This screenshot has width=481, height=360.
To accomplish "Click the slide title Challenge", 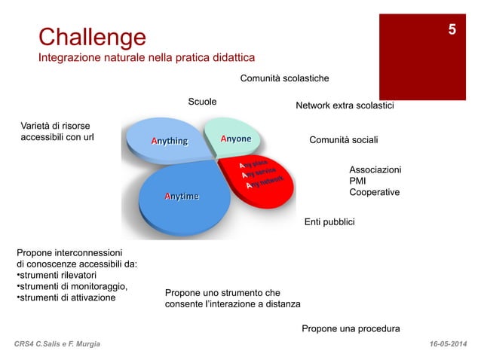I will [92, 36].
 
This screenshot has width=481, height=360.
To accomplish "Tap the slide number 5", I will [451, 30].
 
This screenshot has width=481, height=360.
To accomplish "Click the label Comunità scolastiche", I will [284, 78].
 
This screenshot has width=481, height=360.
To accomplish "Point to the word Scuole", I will [202, 102].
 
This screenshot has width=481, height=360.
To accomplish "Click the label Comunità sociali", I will [344, 140].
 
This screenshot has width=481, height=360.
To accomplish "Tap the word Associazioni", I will [375, 170].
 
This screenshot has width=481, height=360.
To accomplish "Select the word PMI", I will [358, 182].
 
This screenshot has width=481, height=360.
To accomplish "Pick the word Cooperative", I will [374, 193].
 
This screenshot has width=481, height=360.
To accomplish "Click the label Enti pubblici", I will [329, 222].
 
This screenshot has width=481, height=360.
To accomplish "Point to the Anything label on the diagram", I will [169, 141].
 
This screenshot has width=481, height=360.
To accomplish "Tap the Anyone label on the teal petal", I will [235, 139].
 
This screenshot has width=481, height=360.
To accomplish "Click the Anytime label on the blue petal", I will [182, 197].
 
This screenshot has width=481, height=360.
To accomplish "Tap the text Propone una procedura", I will [350, 328].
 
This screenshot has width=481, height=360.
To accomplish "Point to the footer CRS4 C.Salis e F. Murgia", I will [62, 344].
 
